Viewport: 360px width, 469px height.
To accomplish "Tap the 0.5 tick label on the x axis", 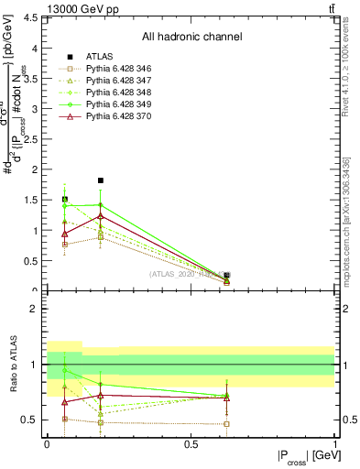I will pos(191,445).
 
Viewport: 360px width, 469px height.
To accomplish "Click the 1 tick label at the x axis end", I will pos(335,445).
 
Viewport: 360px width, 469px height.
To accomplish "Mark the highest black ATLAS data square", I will pos(100,180).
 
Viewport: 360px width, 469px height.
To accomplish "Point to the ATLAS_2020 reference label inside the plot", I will pos(188,274).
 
